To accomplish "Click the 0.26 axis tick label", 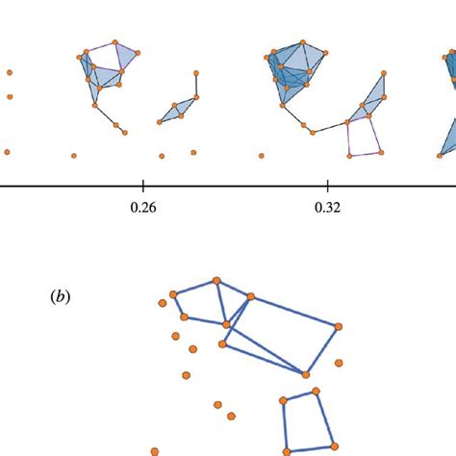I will [142, 206].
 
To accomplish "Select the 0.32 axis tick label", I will [328, 206].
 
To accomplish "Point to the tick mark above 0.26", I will [142, 185].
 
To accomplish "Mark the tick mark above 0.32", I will [328, 185].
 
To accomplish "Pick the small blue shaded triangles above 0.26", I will [178, 112].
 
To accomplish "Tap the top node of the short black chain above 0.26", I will [196, 73].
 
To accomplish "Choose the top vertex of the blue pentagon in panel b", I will [216, 280].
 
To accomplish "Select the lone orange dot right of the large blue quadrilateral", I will [339, 363].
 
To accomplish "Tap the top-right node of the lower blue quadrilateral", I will [317, 393].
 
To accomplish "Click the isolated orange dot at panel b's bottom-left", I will [155, 449].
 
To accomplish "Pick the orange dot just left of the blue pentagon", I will [163, 304].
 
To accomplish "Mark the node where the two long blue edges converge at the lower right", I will [307, 374].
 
